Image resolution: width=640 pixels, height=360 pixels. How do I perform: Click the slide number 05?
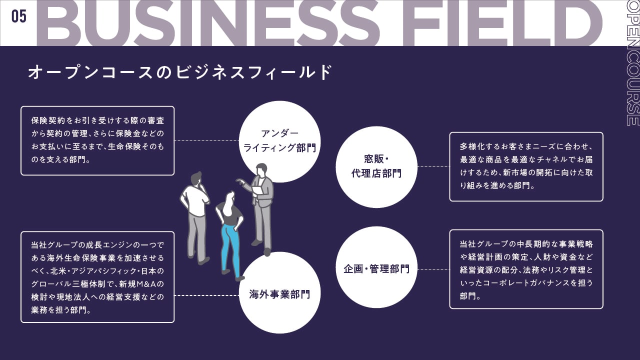coord(18,16)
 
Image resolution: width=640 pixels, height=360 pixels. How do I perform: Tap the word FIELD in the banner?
coord(510,23)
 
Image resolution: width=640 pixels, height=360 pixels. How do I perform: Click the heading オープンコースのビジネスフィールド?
coord(180,72)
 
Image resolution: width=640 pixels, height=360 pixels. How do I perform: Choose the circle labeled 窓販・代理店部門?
coord(376,166)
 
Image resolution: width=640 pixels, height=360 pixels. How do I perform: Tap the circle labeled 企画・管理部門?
coord(376,269)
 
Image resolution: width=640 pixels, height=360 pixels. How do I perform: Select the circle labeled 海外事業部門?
coord(279,294)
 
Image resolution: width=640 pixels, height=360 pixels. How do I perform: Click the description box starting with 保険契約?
coord(97,140)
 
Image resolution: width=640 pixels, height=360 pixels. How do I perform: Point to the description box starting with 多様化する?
coord(526,166)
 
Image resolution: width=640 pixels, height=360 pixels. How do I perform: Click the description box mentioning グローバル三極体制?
coord(97,276)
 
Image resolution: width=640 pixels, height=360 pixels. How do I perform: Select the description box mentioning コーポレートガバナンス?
coord(526,269)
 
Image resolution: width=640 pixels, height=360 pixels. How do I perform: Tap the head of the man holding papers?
coord(261,169)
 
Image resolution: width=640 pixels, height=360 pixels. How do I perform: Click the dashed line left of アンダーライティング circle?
coord(206,140)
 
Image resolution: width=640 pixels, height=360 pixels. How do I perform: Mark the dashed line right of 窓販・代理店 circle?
coord(433,166)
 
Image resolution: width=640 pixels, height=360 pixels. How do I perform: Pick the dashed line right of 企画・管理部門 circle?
coord(433,269)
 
